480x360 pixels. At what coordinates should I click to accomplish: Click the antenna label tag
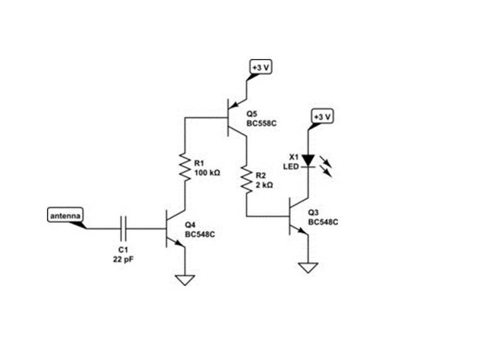[x=65, y=215]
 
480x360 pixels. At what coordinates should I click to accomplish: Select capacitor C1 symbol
[x=123, y=228]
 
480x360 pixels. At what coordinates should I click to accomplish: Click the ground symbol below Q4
[x=185, y=280]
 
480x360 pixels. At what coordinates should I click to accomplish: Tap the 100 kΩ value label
[x=207, y=172]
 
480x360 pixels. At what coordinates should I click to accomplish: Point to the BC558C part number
[x=261, y=123]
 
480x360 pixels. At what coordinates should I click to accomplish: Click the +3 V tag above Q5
[x=259, y=67]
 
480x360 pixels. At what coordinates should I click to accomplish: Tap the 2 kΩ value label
[x=264, y=185]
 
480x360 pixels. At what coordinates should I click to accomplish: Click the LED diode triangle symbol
[x=308, y=161]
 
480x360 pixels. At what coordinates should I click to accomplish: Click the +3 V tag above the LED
[x=322, y=117]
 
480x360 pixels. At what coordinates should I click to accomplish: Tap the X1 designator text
[x=293, y=156]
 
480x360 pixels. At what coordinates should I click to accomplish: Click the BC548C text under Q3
[x=324, y=222]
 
